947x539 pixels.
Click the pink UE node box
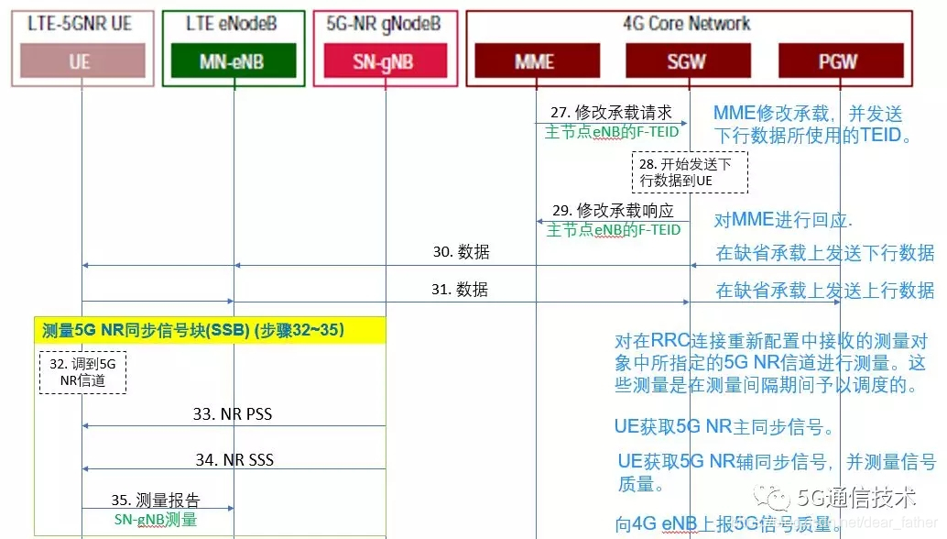point(80,61)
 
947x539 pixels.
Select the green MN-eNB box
point(234,61)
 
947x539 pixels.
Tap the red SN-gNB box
point(384,61)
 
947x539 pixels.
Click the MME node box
point(534,61)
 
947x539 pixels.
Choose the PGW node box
point(838,61)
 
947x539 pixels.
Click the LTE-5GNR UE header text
point(80,24)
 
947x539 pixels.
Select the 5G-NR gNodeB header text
point(385,24)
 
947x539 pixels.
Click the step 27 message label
point(611,112)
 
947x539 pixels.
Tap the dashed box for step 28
point(690,172)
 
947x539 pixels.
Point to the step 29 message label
point(613,210)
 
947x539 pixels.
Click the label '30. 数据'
point(461,252)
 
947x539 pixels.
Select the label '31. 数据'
point(460,290)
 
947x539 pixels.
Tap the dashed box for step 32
point(82,372)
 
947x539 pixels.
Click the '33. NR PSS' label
point(233,413)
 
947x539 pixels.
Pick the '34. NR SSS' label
point(234,458)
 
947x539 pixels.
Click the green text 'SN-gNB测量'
point(156,519)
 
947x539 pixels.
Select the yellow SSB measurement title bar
point(210,330)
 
